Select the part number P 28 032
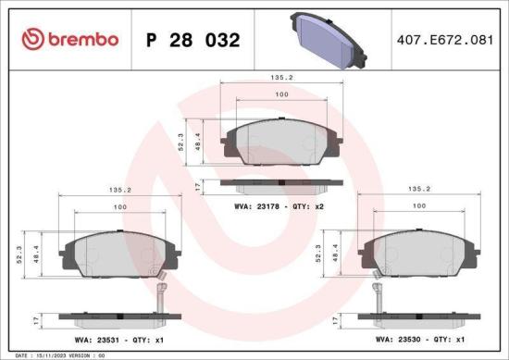click(x=194, y=41)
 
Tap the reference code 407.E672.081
click(x=442, y=41)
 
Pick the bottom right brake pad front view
click(x=419, y=253)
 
